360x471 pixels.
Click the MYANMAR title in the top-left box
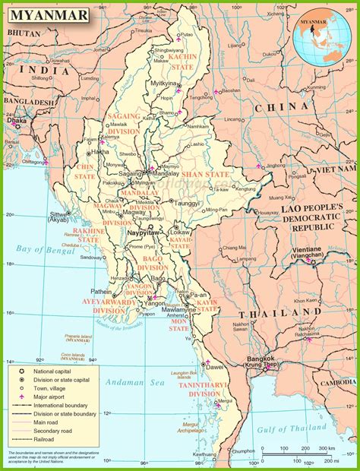[x=45, y=14]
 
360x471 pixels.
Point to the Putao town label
[x=187, y=35]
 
